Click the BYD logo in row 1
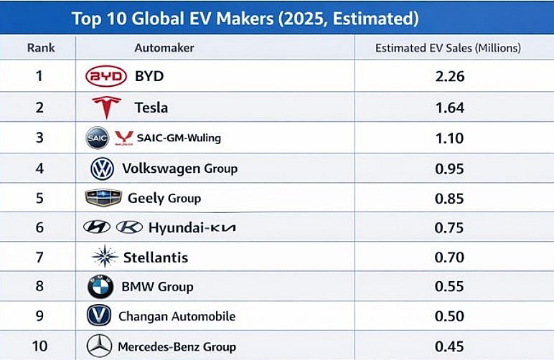105,77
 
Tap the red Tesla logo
106,108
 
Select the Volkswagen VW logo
102,169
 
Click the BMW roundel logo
100,287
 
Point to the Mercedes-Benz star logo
99,346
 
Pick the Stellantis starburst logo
105,257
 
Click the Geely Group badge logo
103,198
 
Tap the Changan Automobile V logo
99,316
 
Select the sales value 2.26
449,77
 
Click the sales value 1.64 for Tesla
449,108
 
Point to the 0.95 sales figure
449,169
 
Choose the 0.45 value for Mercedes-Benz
449,346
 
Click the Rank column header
41,48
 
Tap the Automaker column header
164,48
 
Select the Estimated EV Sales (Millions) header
448,48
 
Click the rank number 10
40,346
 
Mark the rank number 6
40,227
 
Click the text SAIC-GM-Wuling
178,138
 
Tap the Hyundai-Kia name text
192,227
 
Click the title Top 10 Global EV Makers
245,18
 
